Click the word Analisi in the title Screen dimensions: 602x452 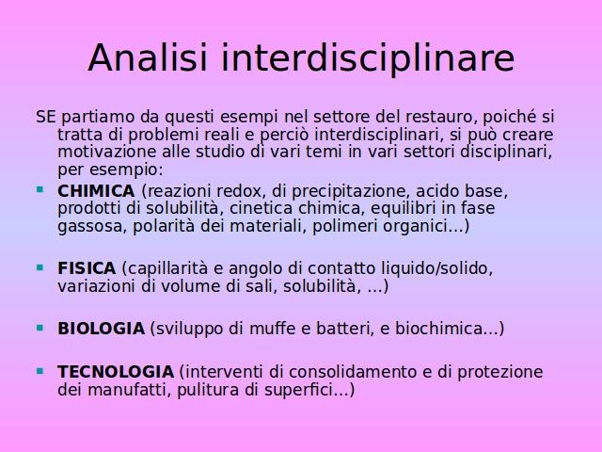(x=148, y=57)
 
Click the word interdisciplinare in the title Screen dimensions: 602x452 (x=368, y=58)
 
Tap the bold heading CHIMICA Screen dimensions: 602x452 (x=96, y=191)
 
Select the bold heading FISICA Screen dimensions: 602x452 (x=87, y=268)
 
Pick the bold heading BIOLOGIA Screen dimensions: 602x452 (x=101, y=329)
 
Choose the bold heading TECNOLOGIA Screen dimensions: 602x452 (x=116, y=372)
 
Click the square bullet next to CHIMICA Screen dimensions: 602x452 (x=40, y=189)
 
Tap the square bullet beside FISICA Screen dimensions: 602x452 (x=40, y=267)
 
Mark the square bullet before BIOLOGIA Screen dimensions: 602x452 (x=40, y=328)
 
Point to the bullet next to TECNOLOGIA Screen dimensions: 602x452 (x=40, y=371)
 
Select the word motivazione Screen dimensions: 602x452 (x=107, y=152)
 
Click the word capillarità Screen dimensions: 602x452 (x=167, y=268)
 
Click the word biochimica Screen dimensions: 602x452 (x=439, y=329)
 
